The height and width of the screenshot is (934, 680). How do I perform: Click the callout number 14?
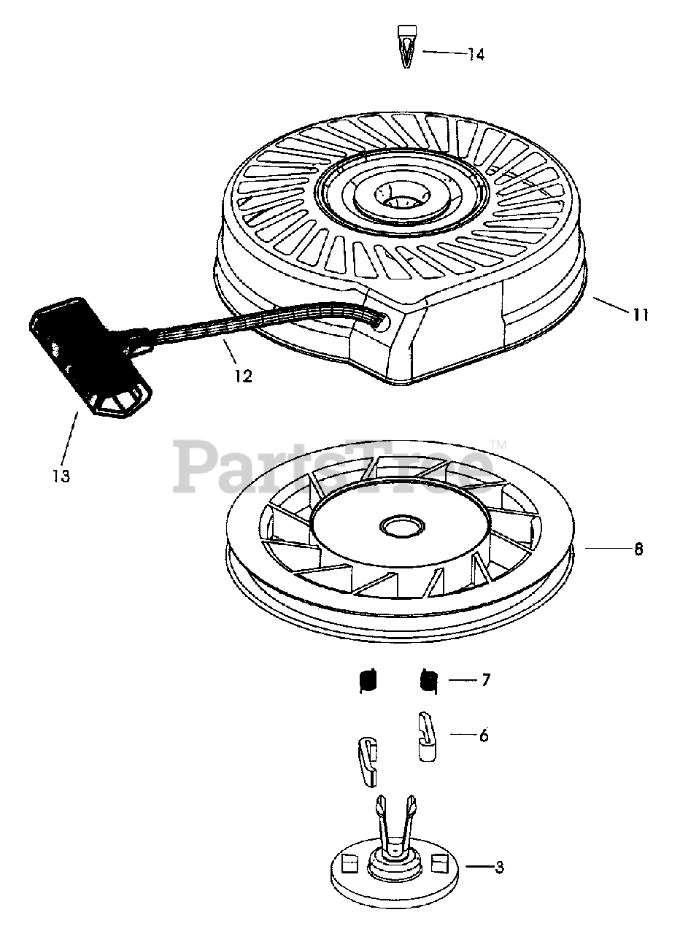click(476, 55)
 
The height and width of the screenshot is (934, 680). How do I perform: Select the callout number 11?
click(641, 315)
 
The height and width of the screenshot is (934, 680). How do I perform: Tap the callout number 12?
click(243, 376)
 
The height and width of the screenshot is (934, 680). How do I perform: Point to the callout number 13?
click(61, 476)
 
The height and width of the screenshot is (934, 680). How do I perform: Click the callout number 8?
click(638, 549)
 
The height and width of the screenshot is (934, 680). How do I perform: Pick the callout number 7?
click(485, 680)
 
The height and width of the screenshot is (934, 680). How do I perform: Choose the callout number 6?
click(484, 736)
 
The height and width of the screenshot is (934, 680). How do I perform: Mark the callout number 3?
click(499, 868)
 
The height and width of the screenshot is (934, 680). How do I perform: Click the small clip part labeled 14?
click(406, 45)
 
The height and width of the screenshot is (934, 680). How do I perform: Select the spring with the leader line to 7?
click(428, 680)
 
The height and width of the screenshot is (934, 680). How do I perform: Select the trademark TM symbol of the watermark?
click(498, 444)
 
